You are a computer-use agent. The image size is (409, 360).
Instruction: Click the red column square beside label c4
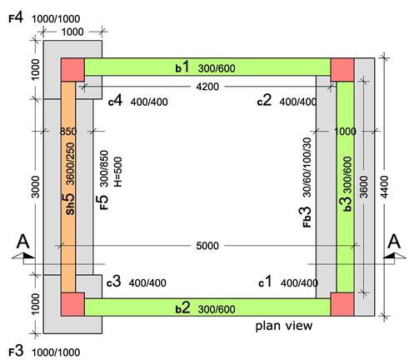click(x=72, y=70)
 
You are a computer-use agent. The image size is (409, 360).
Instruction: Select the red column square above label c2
click(x=342, y=70)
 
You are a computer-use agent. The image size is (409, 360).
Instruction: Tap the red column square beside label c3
click(x=72, y=304)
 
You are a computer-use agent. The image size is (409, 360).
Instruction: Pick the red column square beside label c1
click(x=342, y=304)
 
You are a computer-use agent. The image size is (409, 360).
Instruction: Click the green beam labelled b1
click(x=207, y=67)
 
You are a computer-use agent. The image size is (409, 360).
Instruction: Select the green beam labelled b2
click(x=207, y=307)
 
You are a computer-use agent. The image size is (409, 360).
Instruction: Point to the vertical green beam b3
click(x=345, y=187)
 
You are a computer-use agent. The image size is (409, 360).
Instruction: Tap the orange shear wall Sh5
click(x=68, y=187)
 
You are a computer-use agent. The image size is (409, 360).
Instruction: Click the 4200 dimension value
click(x=207, y=87)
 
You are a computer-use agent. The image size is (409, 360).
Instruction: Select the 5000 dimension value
click(x=207, y=246)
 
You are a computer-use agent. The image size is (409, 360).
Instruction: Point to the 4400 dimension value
click(x=385, y=187)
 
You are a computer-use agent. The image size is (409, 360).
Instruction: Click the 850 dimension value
click(x=68, y=131)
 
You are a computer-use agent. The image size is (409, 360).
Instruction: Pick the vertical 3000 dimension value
click(x=36, y=187)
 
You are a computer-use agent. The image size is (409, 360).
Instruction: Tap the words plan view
click(x=284, y=326)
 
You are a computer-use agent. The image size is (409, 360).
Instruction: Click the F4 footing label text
click(x=16, y=18)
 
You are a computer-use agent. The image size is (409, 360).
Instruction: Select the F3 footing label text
click(x=16, y=352)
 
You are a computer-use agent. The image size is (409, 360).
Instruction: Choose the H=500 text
click(x=118, y=172)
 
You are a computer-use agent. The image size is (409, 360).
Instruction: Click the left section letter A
click(x=22, y=242)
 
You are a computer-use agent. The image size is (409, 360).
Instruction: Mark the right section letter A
click(x=394, y=242)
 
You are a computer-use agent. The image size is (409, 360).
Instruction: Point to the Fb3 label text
click(x=307, y=217)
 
